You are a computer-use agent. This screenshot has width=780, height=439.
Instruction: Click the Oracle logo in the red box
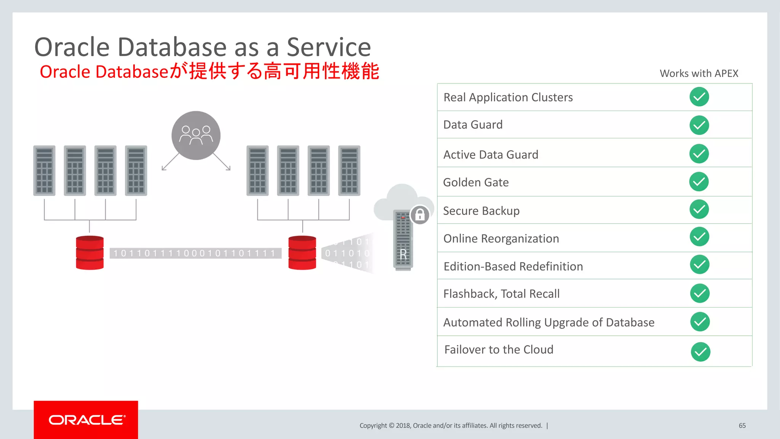(86, 420)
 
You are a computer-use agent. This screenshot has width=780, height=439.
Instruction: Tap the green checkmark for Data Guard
(699, 125)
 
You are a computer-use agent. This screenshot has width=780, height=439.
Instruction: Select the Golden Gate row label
(476, 183)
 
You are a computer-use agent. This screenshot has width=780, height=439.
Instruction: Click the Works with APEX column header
(698, 74)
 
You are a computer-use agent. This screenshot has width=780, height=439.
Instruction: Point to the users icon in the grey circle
(196, 135)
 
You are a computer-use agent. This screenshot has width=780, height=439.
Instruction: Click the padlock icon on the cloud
(420, 215)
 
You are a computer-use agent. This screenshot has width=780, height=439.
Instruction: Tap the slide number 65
(742, 426)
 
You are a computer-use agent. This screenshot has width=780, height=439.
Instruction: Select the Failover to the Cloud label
(499, 350)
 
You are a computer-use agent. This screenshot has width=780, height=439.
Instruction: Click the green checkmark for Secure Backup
(699, 209)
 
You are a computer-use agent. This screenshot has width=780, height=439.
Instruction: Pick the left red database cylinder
(90, 253)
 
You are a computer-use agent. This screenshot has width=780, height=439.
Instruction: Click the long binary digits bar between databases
(195, 253)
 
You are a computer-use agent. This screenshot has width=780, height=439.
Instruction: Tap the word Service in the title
(328, 47)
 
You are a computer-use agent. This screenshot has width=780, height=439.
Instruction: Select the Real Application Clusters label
(508, 98)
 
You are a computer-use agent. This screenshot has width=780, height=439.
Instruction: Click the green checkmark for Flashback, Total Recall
(699, 293)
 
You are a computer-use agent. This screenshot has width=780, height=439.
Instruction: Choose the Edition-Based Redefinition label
(513, 266)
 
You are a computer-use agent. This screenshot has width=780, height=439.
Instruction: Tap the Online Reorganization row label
(501, 239)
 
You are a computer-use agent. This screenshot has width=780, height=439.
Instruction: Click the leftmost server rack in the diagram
(44, 171)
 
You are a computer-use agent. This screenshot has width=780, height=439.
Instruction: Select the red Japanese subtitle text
(209, 72)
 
